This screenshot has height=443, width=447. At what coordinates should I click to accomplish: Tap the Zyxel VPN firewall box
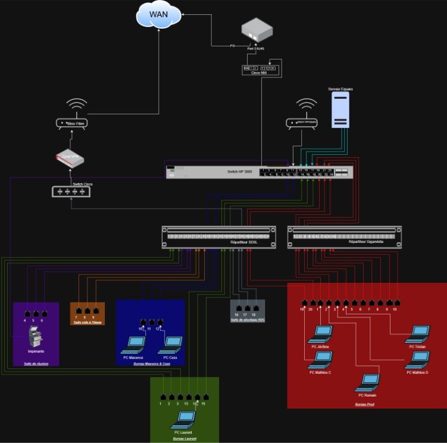pos(71,158)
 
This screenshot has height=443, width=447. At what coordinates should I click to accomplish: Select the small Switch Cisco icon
pos(71,191)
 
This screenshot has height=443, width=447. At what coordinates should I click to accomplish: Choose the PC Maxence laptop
pos(134,345)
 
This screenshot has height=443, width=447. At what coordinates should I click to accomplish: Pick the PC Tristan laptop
pos(416,334)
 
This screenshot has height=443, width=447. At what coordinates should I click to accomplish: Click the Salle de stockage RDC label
pos(247,320)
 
